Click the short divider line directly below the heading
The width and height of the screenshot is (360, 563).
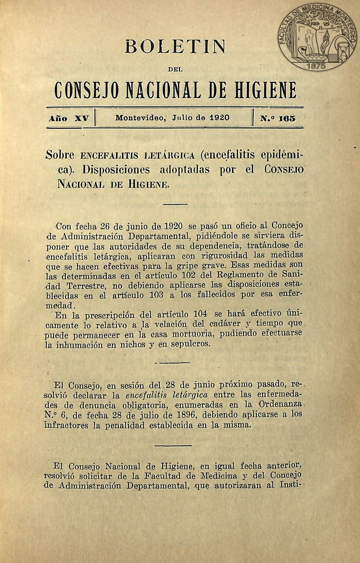(x=175, y=204)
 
